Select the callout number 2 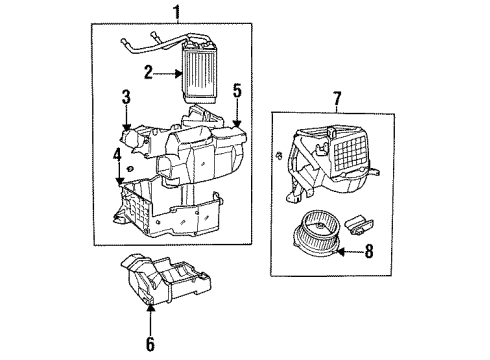tap(146, 71)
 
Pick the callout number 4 tap(117, 156)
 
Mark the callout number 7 tap(338, 100)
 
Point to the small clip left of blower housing tap(275, 156)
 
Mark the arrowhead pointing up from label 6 tap(152, 314)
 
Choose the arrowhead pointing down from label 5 tap(237, 126)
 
